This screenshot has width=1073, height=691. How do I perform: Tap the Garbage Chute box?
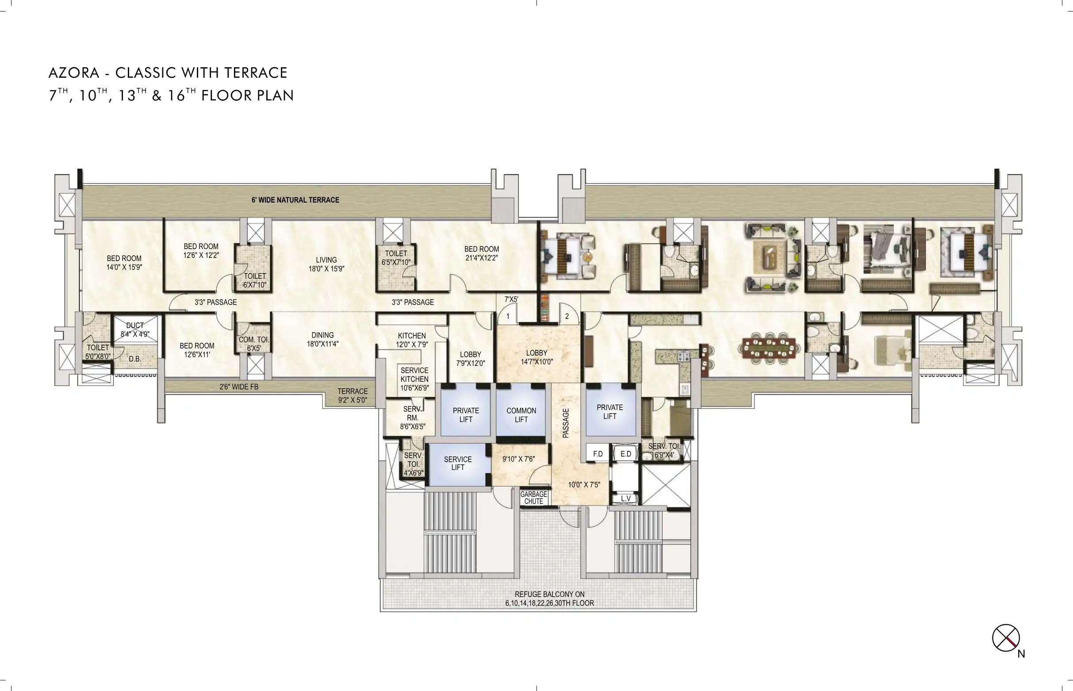click(x=533, y=497)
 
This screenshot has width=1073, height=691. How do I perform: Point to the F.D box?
click(x=598, y=453)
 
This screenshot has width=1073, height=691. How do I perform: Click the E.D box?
click(x=626, y=453)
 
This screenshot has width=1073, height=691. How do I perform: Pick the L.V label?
click(x=626, y=499)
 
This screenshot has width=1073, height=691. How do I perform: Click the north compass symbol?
click(x=1006, y=637)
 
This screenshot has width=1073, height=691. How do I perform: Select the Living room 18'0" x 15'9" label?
click(x=326, y=264)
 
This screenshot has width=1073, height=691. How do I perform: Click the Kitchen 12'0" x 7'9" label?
click(x=412, y=340)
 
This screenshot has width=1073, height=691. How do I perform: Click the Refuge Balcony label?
click(x=549, y=599)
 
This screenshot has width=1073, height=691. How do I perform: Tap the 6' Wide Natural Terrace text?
click(x=295, y=200)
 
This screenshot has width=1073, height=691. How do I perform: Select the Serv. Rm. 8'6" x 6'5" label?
click(x=413, y=418)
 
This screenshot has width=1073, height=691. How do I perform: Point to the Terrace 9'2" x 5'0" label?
click(x=353, y=396)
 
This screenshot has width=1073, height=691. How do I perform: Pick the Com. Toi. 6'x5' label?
click(x=254, y=344)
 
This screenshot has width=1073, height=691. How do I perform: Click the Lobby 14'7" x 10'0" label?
click(x=536, y=357)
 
